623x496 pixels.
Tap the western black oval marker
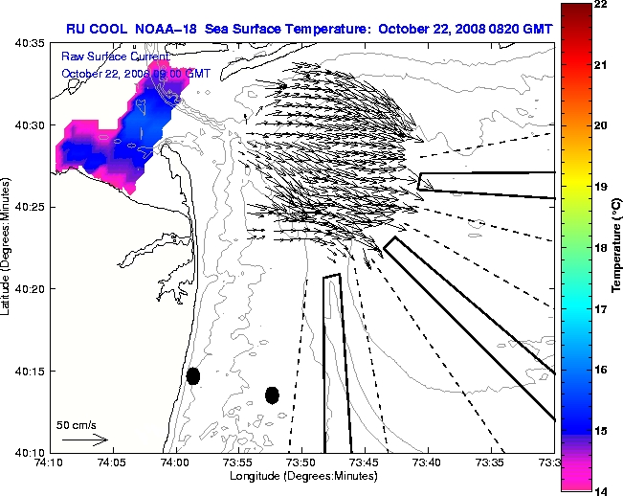click(x=193, y=375)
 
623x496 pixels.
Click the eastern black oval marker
click(x=272, y=395)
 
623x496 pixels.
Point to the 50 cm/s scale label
click(x=75, y=424)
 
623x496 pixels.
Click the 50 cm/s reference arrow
click(x=84, y=440)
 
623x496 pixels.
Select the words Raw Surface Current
click(x=100, y=57)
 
